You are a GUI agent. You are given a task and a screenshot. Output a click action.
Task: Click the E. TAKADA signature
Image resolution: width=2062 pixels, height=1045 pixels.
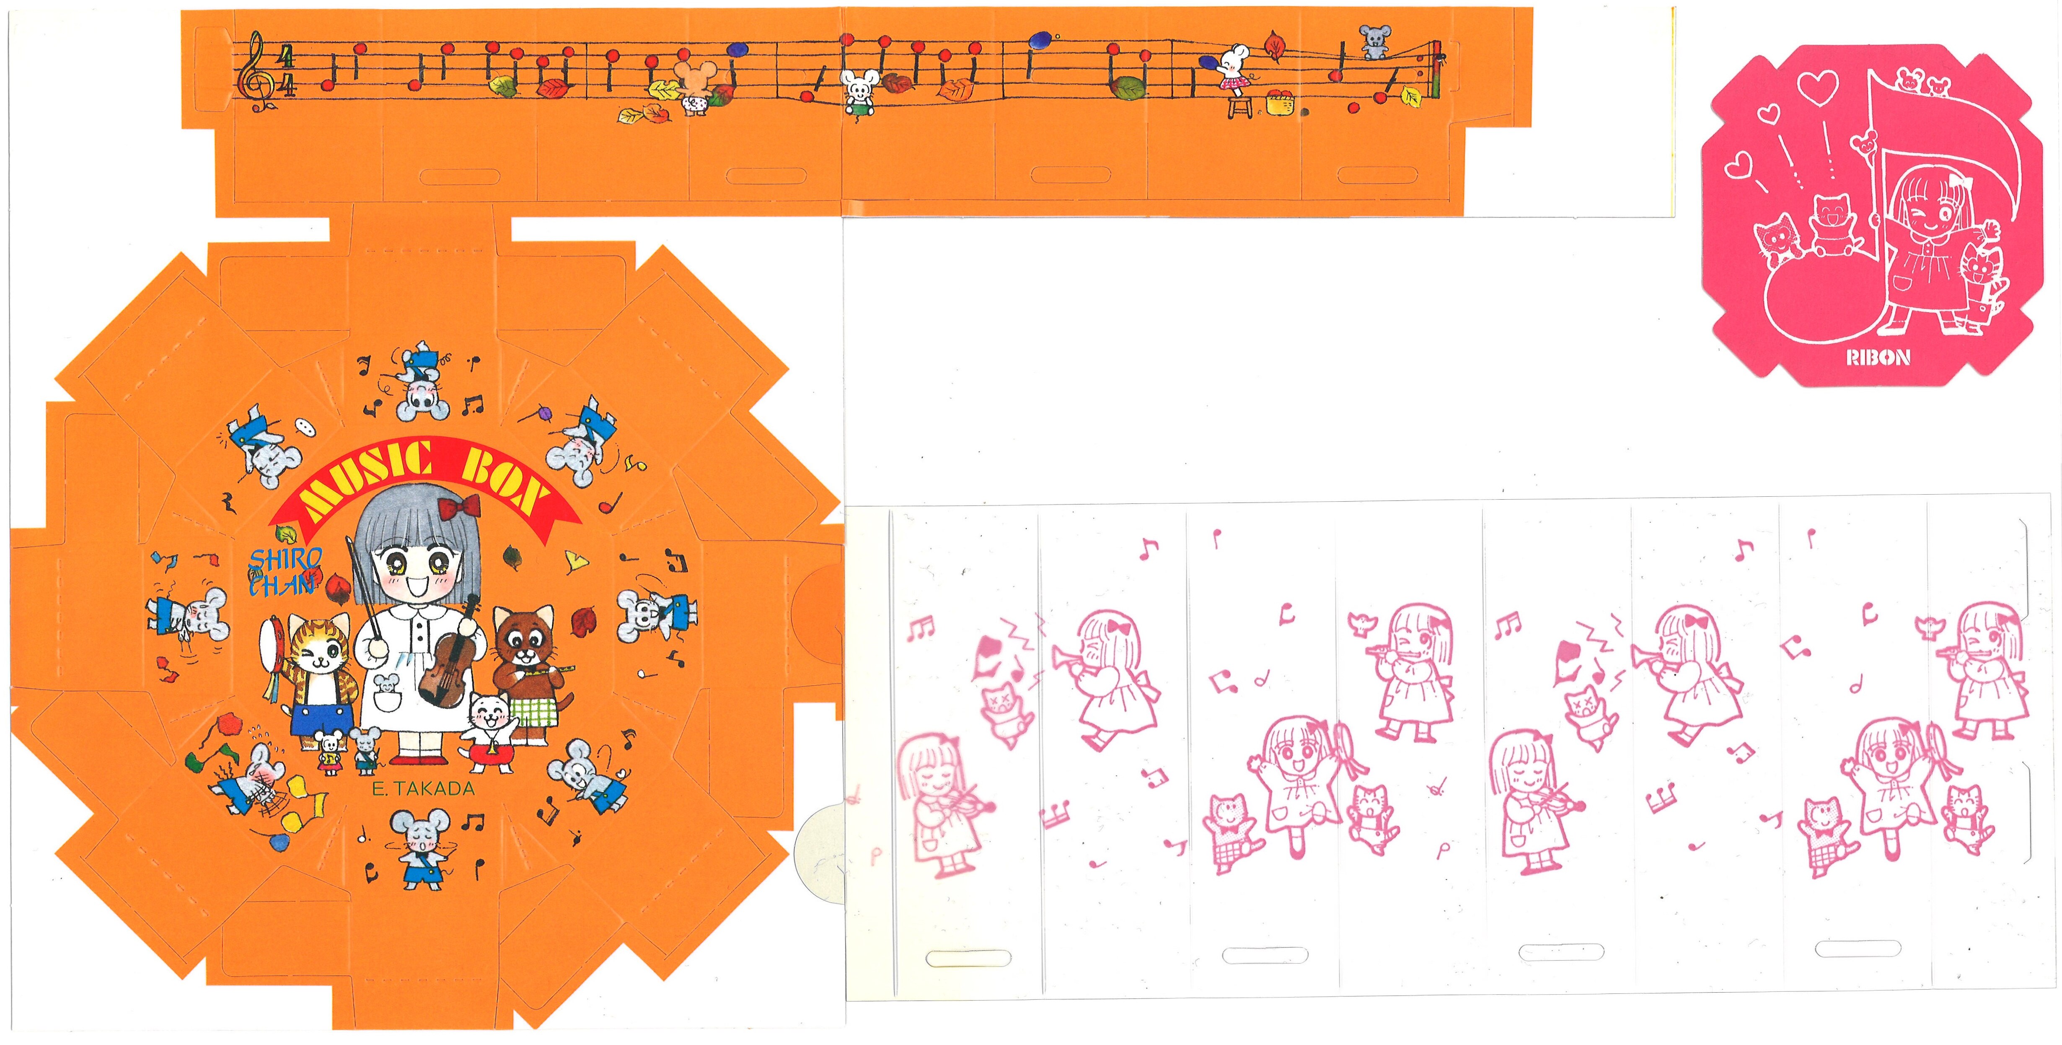point(424,788)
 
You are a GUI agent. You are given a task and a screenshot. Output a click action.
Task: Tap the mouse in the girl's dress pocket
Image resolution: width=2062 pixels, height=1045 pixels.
point(387,685)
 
